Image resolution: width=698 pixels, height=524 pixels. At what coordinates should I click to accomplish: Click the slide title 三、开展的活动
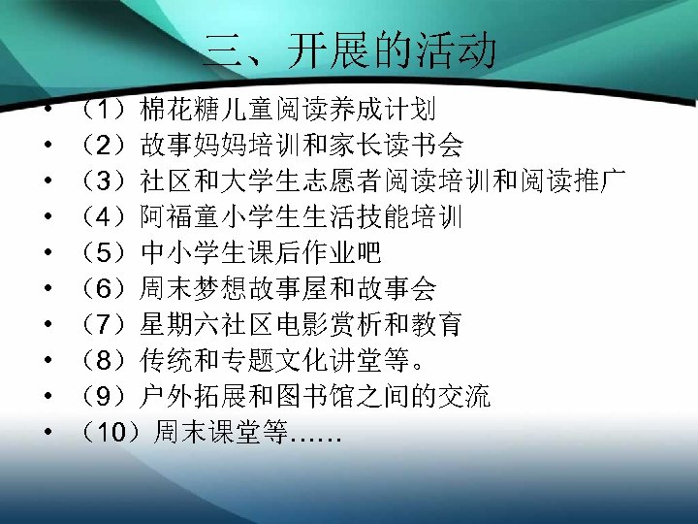point(350,50)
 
